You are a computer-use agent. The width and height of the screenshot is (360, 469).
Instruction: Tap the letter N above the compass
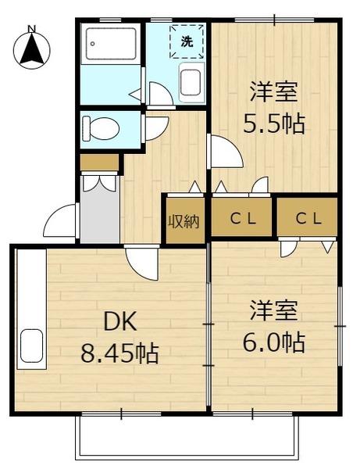coord(32,30)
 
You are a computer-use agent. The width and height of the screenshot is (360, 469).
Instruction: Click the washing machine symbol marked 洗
coord(187,41)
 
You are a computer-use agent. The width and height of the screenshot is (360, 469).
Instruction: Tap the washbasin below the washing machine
coord(191,81)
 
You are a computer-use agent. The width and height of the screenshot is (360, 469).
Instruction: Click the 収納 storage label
coord(184,221)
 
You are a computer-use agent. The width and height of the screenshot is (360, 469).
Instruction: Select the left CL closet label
coord(242,219)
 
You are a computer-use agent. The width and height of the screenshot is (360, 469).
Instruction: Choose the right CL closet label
coord(308,219)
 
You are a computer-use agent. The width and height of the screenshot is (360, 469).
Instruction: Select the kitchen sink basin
coord(31,345)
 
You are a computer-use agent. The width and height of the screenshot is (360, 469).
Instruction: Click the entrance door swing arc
coord(60,223)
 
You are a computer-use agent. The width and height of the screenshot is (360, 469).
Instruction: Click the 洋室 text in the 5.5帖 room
coord(272,92)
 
